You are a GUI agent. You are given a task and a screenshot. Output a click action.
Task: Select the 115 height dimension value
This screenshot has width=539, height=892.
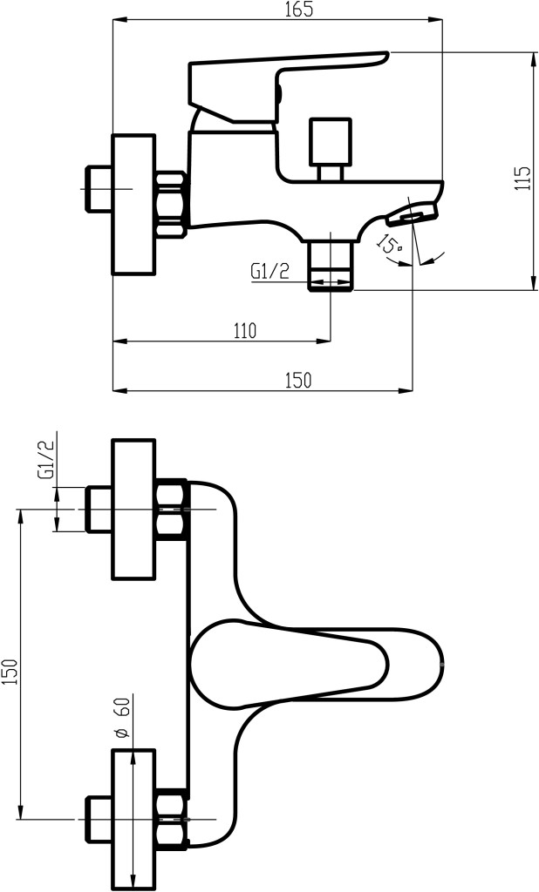(x=522, y=179)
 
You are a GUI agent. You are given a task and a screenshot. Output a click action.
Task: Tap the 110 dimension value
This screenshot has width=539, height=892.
(x=245, y=330)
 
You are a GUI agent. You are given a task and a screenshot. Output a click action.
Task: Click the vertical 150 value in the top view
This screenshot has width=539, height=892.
(x=10, y=672)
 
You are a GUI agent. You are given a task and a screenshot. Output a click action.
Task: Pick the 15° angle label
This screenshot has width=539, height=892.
(x=389, y=244)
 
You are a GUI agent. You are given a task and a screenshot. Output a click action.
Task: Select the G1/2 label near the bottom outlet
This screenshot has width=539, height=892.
(x=270, y=271)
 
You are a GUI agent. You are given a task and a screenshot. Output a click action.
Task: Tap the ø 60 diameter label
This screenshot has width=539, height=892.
(x=122, y=718)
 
